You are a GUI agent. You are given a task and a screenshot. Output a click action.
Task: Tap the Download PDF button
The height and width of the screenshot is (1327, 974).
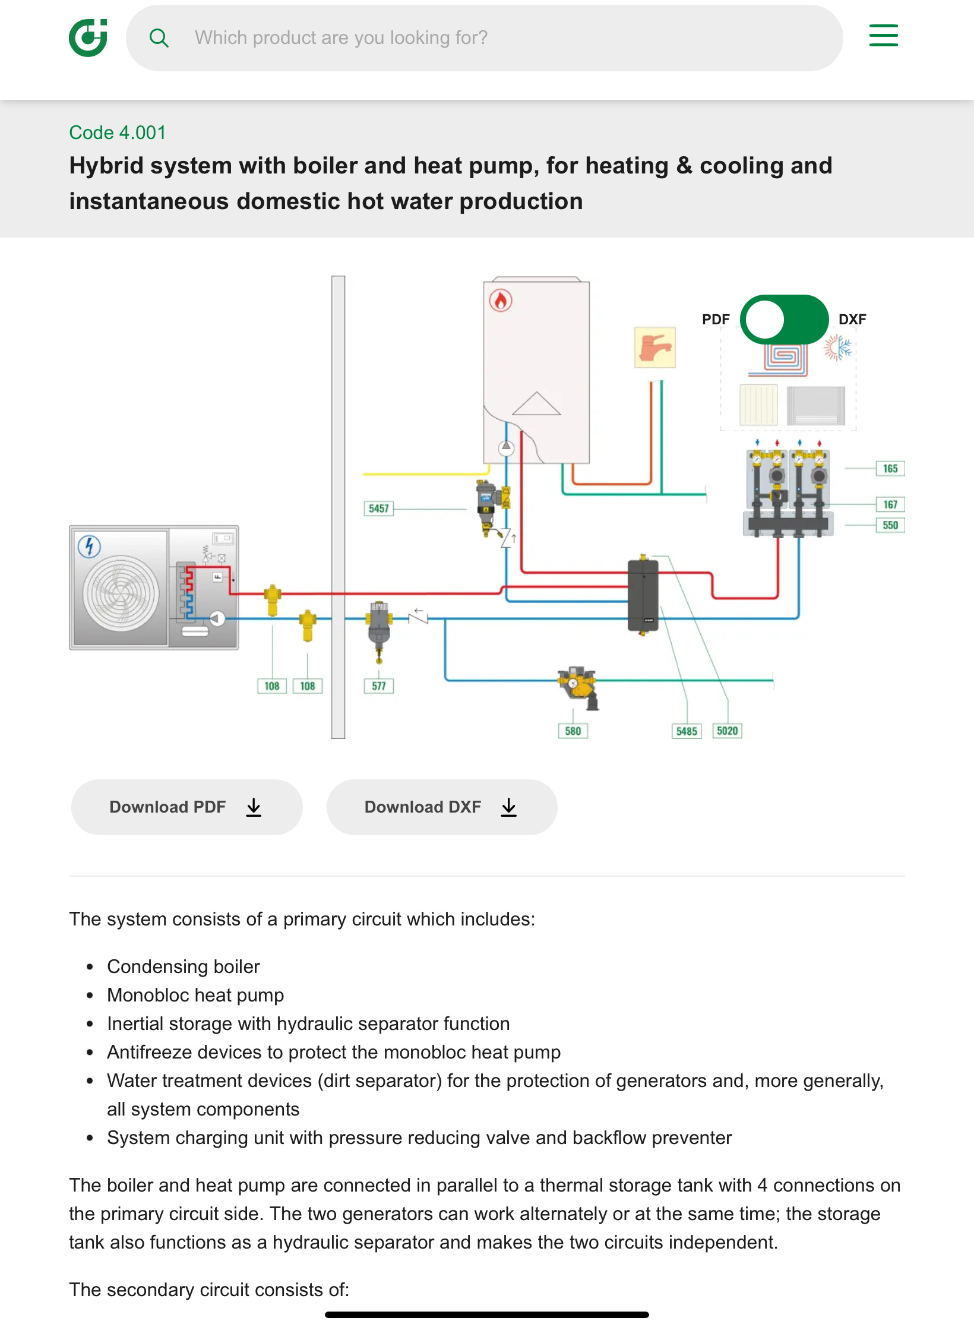tap(186, 807)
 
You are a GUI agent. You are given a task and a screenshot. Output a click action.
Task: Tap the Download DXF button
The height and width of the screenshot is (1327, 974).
tap(442, 807)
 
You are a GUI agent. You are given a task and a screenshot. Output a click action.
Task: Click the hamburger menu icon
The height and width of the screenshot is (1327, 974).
tap(883, 36)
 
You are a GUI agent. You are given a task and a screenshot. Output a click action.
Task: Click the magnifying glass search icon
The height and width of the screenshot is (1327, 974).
tap(159, 38)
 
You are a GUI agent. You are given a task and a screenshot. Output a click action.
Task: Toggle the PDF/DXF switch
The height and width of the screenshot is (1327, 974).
tap(784, 320)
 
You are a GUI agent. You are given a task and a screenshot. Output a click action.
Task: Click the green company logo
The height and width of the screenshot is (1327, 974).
tap(88, 37)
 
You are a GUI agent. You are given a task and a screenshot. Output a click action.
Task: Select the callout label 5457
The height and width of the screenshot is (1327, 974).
tap(378, 508)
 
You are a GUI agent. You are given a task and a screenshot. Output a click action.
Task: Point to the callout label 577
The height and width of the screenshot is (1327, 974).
tap(379, 686)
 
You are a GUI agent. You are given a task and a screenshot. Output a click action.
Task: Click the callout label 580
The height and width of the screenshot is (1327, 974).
tap(573, 731)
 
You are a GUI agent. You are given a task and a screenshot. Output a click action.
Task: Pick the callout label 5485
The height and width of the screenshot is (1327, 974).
tap(687, 731)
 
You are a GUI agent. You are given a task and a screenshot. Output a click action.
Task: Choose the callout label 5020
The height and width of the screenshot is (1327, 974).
tap(728, 731)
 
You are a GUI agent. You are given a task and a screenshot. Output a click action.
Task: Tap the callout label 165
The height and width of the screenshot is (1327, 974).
tap(890, 469)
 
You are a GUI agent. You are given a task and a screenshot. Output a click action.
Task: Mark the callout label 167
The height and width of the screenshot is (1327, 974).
tap(890, 504)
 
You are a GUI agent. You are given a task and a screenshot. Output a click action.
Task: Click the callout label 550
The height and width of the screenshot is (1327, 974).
tap(890, 525)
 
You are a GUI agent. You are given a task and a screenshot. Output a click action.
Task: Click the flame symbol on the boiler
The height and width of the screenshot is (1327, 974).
tap(501, 301)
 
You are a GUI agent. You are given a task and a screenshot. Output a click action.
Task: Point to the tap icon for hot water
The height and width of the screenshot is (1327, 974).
tap(655, 347)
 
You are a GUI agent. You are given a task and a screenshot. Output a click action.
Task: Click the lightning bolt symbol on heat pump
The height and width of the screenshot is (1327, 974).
tap(90, 546)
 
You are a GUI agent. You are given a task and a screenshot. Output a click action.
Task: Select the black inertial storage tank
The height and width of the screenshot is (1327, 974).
tap(643, 595)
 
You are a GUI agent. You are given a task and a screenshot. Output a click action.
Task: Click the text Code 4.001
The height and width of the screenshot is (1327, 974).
tap(118, 132)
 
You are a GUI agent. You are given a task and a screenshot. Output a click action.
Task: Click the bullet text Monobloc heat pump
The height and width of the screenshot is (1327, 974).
tap(195, 995)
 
